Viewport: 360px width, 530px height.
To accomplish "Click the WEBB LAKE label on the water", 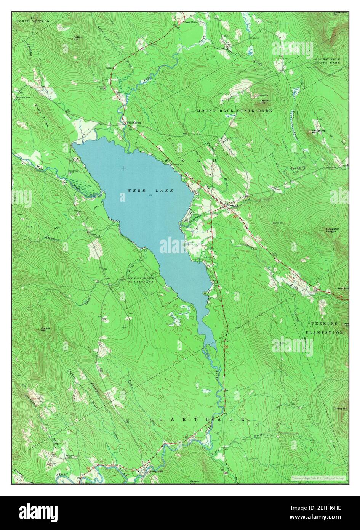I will pos(150,190).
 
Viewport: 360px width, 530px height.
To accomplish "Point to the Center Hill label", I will pos(265,101).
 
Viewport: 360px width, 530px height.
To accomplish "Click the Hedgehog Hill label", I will pos(318,132).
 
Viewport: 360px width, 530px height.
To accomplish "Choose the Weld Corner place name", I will pos(134,122).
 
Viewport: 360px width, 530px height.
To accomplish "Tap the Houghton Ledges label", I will pos(333,230).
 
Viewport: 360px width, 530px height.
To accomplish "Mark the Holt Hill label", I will pos(278,223).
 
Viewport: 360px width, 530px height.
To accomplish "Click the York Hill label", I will pos(342,289).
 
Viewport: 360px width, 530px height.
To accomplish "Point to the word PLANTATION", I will pos(324,332).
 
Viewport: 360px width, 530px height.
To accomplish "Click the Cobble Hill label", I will pos(46,329).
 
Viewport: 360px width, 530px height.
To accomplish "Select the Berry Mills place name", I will pos(153,471).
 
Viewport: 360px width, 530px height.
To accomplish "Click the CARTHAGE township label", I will pos(202,419).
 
